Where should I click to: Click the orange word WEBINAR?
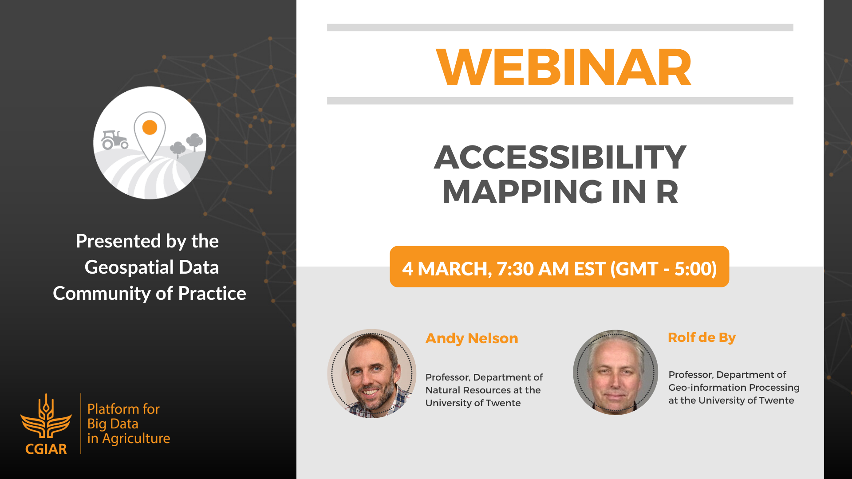pyautogui.click(x=564, y=67)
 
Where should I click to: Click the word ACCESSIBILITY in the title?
pyautogui.click(x=560, y=157)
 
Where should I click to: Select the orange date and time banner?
pyautogui.click(x=559, y=267)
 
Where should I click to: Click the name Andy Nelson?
pyautogui.click(x=472, y=338)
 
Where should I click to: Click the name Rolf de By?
pyautogui.click(x=702, y=338)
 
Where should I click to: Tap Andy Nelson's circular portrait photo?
pyautogui.click(x=372, y=373)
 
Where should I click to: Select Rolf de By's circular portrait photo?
pyautogui.click(x=615, y=372)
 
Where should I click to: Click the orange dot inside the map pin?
pyautogui.click(x=150, y=127)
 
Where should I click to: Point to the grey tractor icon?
pyautogui.click(x=114, y=139)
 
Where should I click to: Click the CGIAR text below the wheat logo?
pyautogui.click(x=46, y=449)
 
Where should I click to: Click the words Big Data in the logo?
pyautogui.click(x=113, y=424)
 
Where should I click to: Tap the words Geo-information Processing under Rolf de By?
pyautogui.click(x=734, y=388)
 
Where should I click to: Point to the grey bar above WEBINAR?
pyautogui.click(x=560, y=27)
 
